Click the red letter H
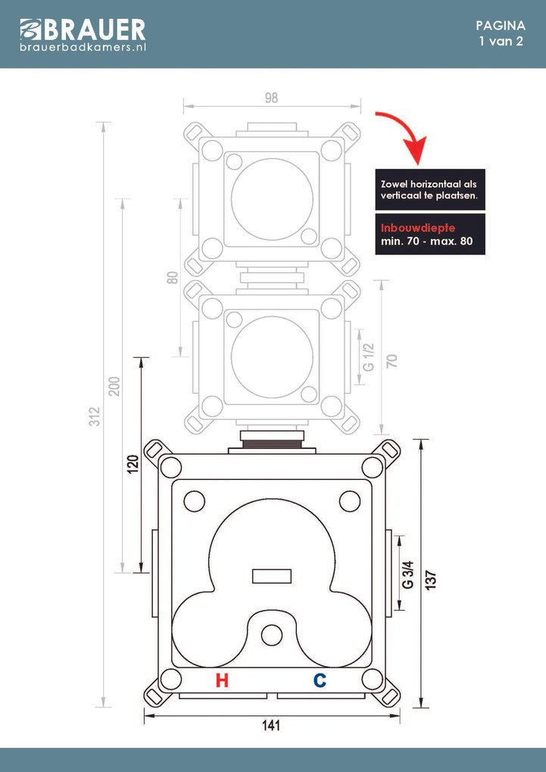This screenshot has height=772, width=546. (222, 680)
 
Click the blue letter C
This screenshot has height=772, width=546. (320, 680)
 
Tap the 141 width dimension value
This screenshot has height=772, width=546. (271, 726)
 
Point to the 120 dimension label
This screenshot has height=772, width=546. (132, 464)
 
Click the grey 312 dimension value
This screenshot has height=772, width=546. (94, 416)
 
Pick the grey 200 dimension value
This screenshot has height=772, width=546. (114, 385)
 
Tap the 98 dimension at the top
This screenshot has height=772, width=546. (271, 97)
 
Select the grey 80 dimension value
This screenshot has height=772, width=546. (172, 278)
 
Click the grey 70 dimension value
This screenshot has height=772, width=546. (392, 360)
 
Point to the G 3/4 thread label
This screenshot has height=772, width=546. (407, 574)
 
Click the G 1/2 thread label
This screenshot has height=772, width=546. (368, 355)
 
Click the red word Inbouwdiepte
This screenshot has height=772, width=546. (417, 228)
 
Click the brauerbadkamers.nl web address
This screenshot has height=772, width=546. (83, 47)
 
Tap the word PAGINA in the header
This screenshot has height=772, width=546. (501, 25)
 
